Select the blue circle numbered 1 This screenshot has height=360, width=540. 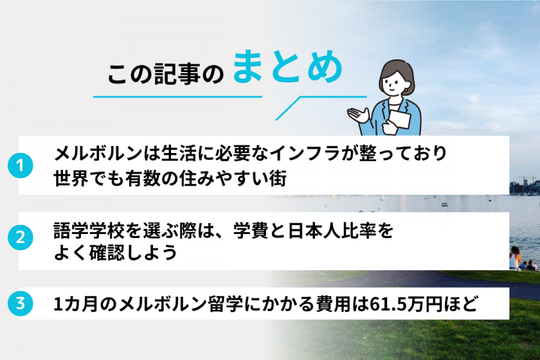pyautogui.click(x=20, y=165)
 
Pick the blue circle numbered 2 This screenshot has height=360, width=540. pyautogui.click(x=20, y=238)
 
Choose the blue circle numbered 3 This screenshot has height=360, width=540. pyautogui.click(x=20, y=304)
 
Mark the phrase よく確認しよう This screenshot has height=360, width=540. pyautogui.click(x=115, y=253)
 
